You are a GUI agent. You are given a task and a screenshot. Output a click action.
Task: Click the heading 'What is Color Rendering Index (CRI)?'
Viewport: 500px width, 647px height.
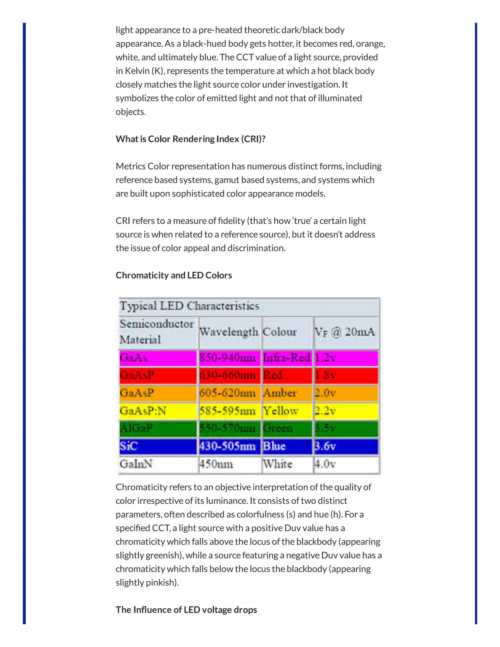(x=190, y=139)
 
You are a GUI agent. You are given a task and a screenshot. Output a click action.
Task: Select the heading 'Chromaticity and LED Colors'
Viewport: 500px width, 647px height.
(x=174, y=275)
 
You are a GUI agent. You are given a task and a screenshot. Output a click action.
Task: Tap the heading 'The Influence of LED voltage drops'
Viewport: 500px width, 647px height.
(x=186, y=610)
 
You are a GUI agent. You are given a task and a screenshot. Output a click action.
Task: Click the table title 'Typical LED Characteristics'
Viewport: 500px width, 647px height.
(x=189, y=306)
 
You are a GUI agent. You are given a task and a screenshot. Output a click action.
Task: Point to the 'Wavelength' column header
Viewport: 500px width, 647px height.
(x=228, y=332)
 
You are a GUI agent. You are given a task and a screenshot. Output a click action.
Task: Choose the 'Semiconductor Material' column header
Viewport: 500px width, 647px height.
(x=156, y=332)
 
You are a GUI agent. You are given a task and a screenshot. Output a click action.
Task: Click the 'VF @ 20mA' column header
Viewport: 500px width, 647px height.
(x=344, y=332)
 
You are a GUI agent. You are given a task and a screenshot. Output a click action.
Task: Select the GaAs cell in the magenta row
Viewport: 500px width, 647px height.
(x=134, y=358)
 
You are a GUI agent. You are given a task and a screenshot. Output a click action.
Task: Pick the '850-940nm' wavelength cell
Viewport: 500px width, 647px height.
(x=227, y=358)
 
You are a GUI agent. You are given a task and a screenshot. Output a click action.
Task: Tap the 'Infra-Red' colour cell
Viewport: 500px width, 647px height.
(x=286, y=358)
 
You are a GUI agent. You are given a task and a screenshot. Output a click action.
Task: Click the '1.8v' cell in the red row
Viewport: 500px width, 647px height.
(x=325, y=375)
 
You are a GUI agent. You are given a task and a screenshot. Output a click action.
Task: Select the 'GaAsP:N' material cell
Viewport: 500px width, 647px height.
(x=143, y=411)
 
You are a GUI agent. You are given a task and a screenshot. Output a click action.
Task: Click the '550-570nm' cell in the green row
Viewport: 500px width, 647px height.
(x=227, y=428)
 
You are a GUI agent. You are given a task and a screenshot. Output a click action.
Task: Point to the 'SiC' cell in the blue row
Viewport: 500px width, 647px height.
(x=129, y=446)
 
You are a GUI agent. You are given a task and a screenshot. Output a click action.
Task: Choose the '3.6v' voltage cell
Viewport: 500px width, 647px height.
(x=325, y=446)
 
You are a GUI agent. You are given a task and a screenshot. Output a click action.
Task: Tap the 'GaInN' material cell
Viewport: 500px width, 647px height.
(x=136, y=464)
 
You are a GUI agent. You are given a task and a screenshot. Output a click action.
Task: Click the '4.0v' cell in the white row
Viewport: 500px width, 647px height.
(x=325, y=464)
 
